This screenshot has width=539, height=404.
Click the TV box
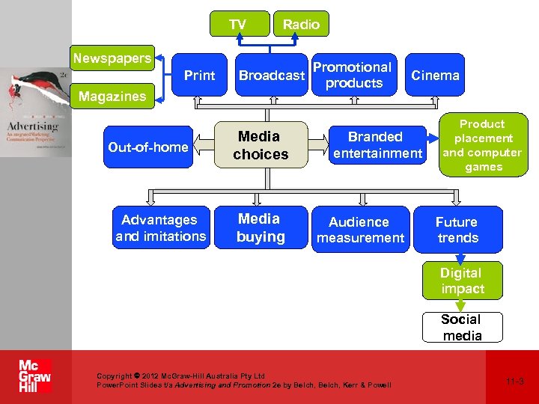[x=239, y=25]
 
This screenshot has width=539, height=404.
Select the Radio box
[x=301, y=25]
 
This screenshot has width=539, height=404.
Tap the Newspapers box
[x=112, y=58]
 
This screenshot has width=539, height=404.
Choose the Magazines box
[x=112, y=97]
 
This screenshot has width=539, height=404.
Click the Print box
[x=199, y=75]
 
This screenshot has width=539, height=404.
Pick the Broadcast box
[x=272, y=75]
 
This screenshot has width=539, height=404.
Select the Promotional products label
[x=353, y=75]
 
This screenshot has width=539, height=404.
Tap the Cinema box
[x=435, y=75]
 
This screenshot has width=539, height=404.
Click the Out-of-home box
[x=148, y=147]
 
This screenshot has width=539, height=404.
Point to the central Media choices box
[x=261, y=145]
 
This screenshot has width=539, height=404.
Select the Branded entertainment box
[x=377, y=145]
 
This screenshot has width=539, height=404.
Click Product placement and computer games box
[x=482, y=145]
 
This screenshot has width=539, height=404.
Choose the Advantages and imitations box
[x=159, y=228]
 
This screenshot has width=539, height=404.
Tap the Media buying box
[x=261, y=228]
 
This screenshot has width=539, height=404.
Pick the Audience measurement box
[x=360, y=230]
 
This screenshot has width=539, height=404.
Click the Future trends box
[x=457, y=230]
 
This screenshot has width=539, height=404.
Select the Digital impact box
[x=462, y=281]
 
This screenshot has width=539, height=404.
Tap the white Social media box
[x=462, y=328]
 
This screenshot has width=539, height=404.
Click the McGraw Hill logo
[x=35, y=376]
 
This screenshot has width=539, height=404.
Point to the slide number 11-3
[x=514, y=382]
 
